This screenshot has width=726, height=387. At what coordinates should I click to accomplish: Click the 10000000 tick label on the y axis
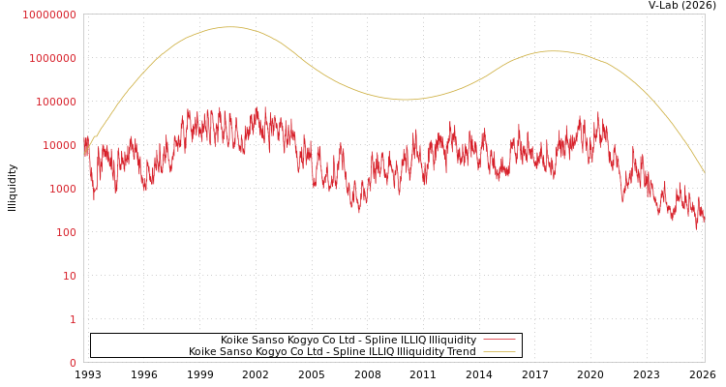coord(49,15)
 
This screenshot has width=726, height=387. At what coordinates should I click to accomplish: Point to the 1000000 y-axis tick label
coord(52,58)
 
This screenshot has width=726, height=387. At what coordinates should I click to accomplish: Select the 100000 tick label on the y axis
coord(55,102)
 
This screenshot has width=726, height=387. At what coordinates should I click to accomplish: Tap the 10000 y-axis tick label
coord(58,145)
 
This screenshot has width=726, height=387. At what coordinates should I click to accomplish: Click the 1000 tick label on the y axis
coord(61,189)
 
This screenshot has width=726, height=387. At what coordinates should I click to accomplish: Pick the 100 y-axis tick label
coord(65,232)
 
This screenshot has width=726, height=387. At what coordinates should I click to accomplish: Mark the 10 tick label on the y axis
coord(69,276)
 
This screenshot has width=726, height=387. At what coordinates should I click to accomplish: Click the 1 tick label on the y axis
coord(72,319)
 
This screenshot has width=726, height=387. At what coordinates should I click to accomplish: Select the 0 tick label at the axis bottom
coord(72,363)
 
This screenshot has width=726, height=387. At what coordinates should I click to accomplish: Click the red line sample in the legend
coord(499,340)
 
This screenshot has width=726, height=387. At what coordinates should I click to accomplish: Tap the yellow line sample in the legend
coord(499,351)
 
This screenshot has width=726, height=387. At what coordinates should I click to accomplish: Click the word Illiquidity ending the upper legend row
coord(453,340)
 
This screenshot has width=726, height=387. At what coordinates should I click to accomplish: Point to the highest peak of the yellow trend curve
coord(229,27)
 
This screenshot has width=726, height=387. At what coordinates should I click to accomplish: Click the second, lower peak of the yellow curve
coord(553,51)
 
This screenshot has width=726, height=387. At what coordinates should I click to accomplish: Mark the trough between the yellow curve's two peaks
coord(405,100)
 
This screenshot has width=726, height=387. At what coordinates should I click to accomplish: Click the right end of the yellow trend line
coord(704,172)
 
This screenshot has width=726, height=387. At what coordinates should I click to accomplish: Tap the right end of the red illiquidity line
coord(704,219)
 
